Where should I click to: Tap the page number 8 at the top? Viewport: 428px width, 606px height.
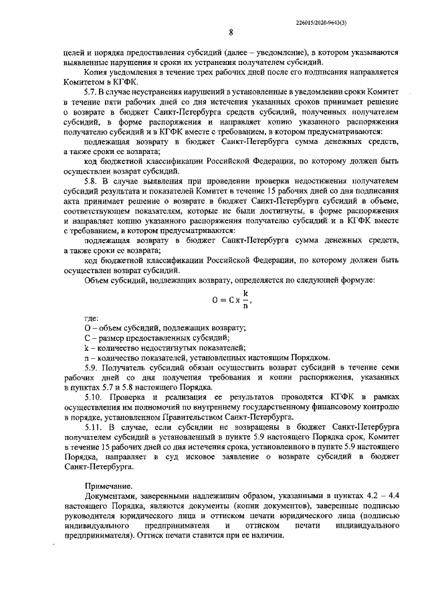[x=231, y=31]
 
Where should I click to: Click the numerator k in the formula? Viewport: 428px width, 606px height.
[x=245, y=293]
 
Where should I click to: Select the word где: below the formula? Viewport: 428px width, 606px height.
[x=92, y=317]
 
